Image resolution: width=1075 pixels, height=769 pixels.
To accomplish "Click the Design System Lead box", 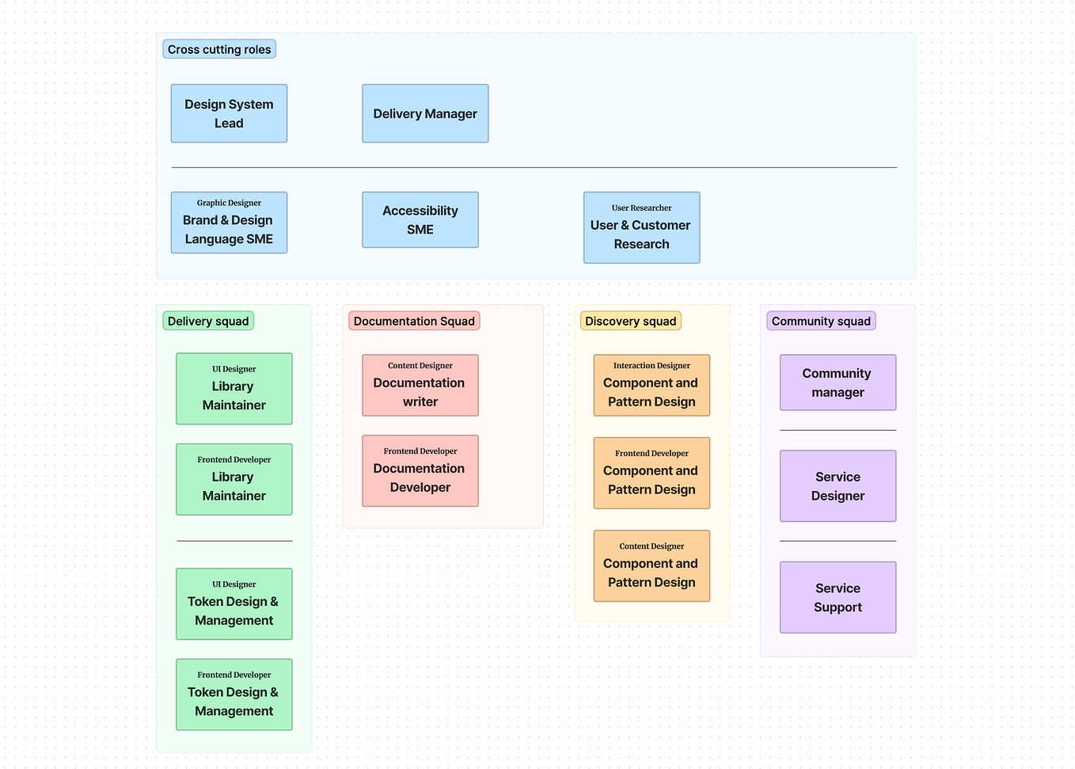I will (x=229, y=113).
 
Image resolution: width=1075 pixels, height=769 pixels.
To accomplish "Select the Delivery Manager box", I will (x=425, y=113).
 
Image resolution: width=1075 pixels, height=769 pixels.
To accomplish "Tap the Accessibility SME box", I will (x=420, y=220).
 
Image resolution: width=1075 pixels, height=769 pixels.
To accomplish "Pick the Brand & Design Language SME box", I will (x=229, y=223).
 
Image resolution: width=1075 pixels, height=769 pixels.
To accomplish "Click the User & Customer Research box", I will (x=641, y=227).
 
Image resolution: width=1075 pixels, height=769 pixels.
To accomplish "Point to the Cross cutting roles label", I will (x=219, y=49).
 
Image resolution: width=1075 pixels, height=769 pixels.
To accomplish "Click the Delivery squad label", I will (x=208, y=321).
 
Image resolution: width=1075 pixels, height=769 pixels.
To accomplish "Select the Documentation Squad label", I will (x=414, y=321).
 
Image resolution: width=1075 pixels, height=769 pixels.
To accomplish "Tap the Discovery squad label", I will (x=630, y=321).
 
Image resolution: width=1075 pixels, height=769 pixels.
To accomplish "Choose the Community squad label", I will (x=821, y=321).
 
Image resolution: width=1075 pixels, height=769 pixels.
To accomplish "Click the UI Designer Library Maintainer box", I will (x=234, y=389).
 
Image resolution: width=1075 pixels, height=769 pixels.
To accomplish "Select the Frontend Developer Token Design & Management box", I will (x=234, y=695).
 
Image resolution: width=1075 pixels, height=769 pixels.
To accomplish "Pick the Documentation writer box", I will (x=420, y=386).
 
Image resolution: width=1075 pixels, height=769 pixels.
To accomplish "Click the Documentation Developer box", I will (x=420, y=471).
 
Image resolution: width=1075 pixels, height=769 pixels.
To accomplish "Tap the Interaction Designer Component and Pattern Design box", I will (x=651, y=386).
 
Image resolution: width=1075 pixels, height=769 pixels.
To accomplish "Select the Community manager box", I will (x=838, y=383).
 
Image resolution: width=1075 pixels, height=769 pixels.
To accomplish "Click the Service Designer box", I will (x=838, y=486).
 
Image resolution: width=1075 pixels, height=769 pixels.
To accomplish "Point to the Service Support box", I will (x=838, y=598).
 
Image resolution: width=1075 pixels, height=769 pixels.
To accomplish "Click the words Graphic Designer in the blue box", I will (x=229, y=203).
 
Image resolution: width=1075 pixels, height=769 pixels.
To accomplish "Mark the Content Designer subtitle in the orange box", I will (x=651, y=546).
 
